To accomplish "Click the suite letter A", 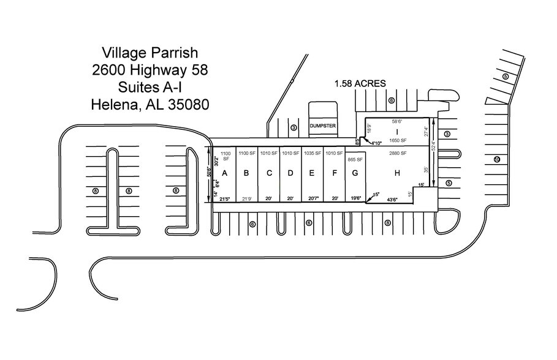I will point(224,173).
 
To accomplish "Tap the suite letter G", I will point(355,173).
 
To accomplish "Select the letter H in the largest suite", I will point(397,173).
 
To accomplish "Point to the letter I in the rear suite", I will point(397,132).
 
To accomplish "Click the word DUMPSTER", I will point(323,126).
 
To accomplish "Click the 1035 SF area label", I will point(312,153).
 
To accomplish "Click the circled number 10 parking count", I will point(497,160).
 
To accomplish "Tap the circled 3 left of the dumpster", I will point(294,127).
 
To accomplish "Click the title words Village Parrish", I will point(150,53).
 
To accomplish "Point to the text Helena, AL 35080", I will point(150,104).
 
